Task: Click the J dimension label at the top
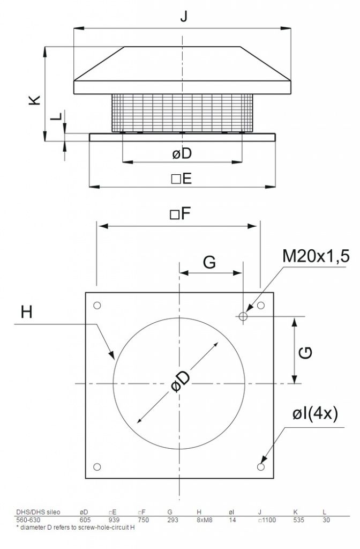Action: (184, 16)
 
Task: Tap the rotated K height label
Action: (35, 100)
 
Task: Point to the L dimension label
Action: (56, 116)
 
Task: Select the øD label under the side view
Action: (182, 153)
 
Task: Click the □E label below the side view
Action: (182, 179)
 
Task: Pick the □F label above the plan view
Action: (180, 213)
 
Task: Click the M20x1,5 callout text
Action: (316, 256)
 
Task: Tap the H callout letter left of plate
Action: (27, 311)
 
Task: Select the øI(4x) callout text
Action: (315, 414)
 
